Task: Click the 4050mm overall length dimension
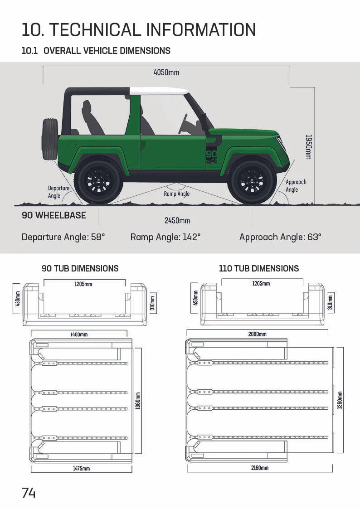tap(167, 73)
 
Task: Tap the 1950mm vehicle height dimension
tap(308, 146)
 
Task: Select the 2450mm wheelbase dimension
tap(177, 221)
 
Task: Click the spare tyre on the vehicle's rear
tap(50, 139)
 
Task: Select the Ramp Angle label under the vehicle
tap(177, 194)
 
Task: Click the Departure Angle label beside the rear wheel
tap(58, 192)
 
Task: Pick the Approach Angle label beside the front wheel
tap(296, 186)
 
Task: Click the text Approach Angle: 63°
tap(280, 237)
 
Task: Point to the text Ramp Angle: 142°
tap(165, 237)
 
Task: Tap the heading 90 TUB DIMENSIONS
tap(80, 268)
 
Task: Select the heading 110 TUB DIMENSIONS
tap(259, 268)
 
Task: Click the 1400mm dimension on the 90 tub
tap(79, 334)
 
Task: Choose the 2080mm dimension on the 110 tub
tap(257, 334)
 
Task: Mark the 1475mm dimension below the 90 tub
tap(81, 468)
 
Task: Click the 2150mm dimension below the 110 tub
tap(259, 468)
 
